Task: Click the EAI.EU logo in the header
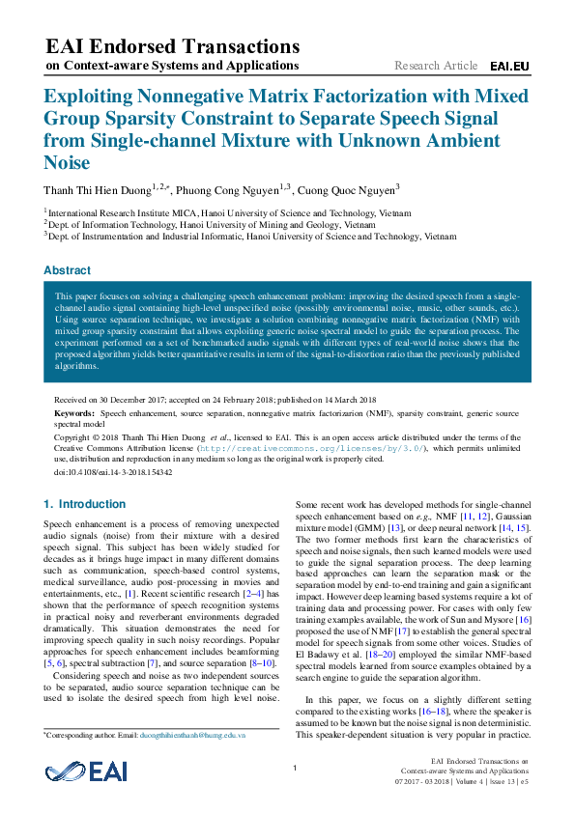(509, 67)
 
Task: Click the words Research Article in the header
(436, 66)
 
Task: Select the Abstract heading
(68, 270)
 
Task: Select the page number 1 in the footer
(294, 768)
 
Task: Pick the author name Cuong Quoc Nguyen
(345, 190)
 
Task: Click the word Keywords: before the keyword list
(74, 412)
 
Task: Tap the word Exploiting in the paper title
(81, 98)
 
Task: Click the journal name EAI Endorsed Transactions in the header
(173, 46)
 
